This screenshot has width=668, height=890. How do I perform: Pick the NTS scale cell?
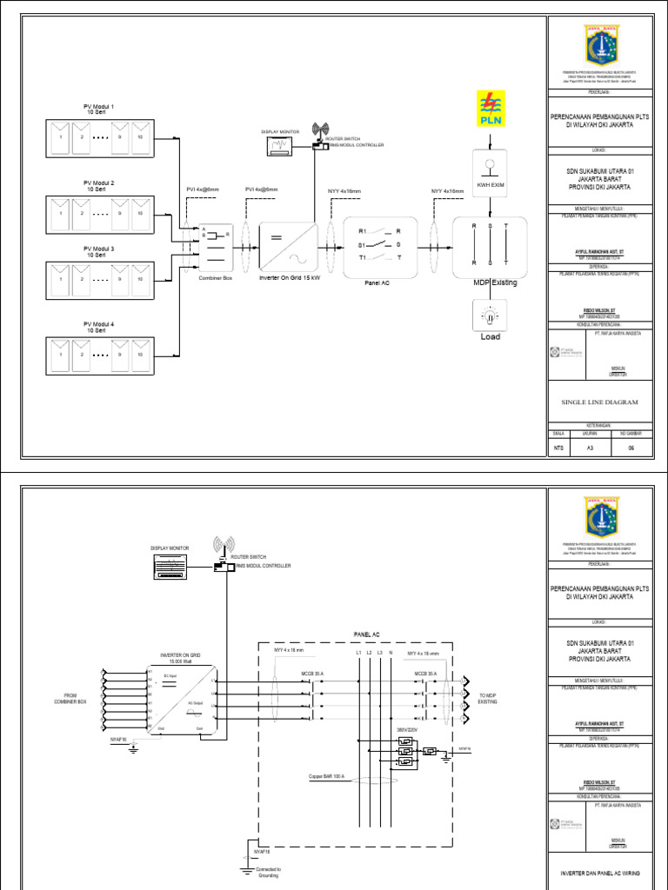pyautogui.click(x=559, y=448)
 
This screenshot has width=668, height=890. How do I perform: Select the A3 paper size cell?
pyautogui.click(x=591, y=448)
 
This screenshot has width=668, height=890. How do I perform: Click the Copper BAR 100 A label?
pyautogui.click(x=327, y=776)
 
